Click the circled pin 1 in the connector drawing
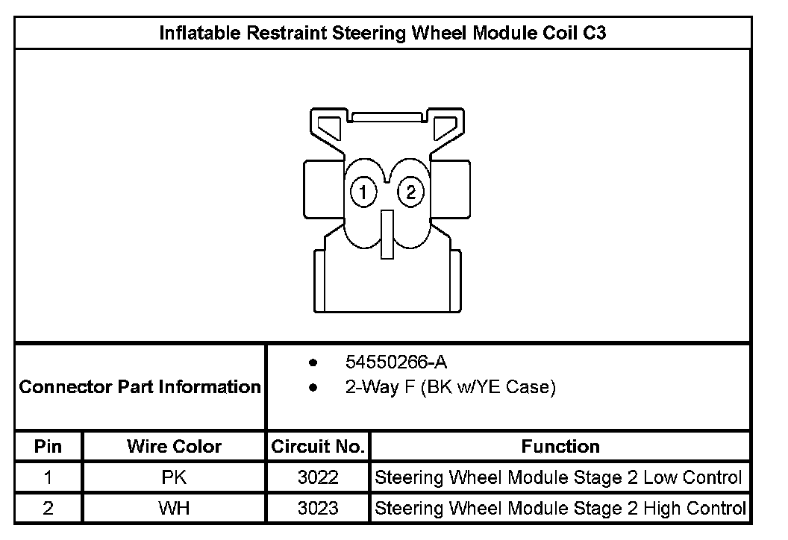pyautogui.click(x=363, y=193)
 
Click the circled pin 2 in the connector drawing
pyautogui.click(x=410, y=193)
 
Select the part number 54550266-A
pyautogui.click(x=396, y=362)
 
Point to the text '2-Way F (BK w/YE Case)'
pyautogui.click(x=450, y=388)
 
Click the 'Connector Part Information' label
pyautogui.click(x=140, y=387)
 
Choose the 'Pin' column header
pyautogui.click(x=49, y=447)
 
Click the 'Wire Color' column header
pyautogui.click(x=174, y=447)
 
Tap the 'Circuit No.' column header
pyautogui.click(x=318, y=447)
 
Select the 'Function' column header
pyautogui.click(x=560, y=447)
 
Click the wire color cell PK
pyautogui.click(x=174, y=478)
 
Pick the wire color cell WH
pyautogui.click(x=174, y=509)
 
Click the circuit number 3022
pyautogui.click(x=318, y=478)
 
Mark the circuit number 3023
pyautogui.click(x=318, y=509)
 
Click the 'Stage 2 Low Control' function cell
pyautogui.click(x=559, y=478)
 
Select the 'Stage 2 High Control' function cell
pyautogui.click(x=560, y=509)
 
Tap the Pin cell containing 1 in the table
pyautogui.click(x=49, y=478)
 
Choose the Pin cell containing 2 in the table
pyautogui.click(x=49, y=509)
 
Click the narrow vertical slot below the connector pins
pyautogui.click(x=387, y=235)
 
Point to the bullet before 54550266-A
pyautogui.click(x=313, y=363)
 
